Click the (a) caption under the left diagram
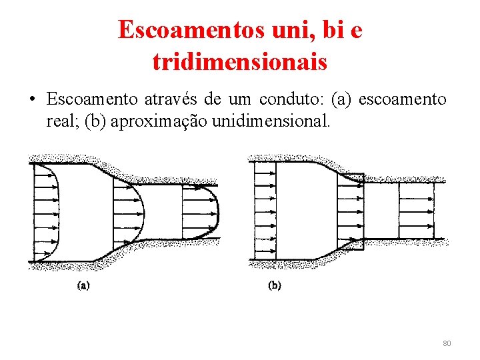tap(84, 286)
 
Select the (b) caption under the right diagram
tap(274, 286)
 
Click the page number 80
tap(447, 343)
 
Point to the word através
tap(170, 100)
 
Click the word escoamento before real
tap(403, 100)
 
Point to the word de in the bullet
tap(213, 100)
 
